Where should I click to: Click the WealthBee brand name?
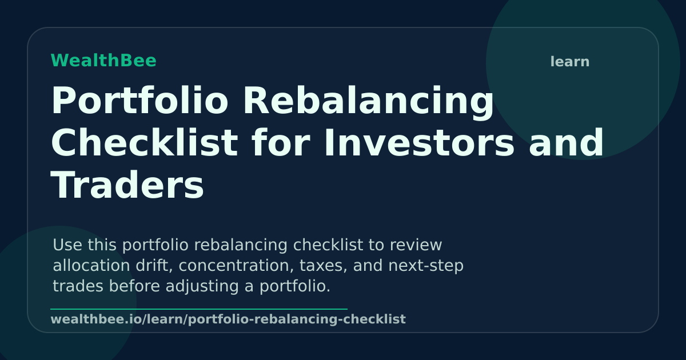click(x=103, y=61)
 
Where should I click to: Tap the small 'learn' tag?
click(x=569, y=62)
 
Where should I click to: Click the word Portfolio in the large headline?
click(x=139, y=101)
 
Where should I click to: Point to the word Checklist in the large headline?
click(x=144, y=143)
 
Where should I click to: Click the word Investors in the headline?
click(x=419, y=143)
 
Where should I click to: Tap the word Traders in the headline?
click(x=127, y=186)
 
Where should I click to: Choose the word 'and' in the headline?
click(x=566, y=143)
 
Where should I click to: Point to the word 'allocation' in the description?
click(x=91, y=265)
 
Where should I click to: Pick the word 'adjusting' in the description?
click(x=202, y=287)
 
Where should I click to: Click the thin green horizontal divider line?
click(x=199, y=309)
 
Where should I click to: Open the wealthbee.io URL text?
click(x=228, y=319)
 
